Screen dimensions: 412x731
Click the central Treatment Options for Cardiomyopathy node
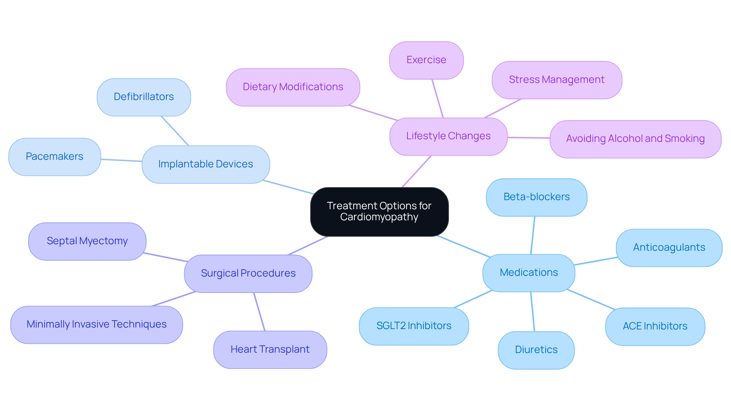[379, 212]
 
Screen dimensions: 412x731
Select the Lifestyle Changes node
[448, 136]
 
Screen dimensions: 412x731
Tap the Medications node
[528, 273]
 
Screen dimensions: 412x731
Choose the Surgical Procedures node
[248, 274]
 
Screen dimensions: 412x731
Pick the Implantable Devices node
[206, 164]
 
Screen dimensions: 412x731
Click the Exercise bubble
[426, 60]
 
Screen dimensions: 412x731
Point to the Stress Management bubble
[557, 80]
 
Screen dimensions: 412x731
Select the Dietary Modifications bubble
[293, 87]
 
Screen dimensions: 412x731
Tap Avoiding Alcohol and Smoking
[635, 139]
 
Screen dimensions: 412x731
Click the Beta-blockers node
[536, 197]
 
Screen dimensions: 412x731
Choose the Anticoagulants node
[669, 248]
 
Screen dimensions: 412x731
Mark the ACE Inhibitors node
[655, 326]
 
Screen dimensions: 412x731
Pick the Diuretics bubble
[536, 350]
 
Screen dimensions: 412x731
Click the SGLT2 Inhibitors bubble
[413, 326]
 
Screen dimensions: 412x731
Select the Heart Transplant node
[270, 350]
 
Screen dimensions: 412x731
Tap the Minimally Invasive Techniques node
[96, 325]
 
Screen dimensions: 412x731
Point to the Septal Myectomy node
[87, 241]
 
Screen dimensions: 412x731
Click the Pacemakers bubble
[54, 157]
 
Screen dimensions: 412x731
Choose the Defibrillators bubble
[144, 97]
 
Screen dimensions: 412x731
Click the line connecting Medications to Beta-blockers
[533, 235]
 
